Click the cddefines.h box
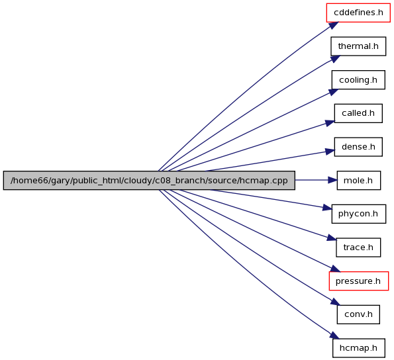tap(358, 13)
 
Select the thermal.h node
tap(358, 46)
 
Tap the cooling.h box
tap(358, 80)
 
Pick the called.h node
tap(358, 113)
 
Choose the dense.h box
tap(358, 147)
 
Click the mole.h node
tap(358, 180)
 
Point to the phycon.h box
tap(358, 214)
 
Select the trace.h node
tap(358, 247)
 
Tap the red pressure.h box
tap(359, 281)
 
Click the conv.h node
tap(358, 314)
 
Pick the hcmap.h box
tap(358, 348)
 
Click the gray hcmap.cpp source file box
tap(149, 180)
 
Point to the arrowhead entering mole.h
tap(332, 180)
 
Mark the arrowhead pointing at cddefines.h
tap(334, 25)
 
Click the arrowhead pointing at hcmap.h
tap(334, 336)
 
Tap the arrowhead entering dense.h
tap(330, 152)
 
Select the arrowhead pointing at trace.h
tap(332, 238)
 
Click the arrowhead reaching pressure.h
tap(335, 269)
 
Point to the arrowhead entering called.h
tap(330, 123)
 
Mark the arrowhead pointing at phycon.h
tap(327, 208)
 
